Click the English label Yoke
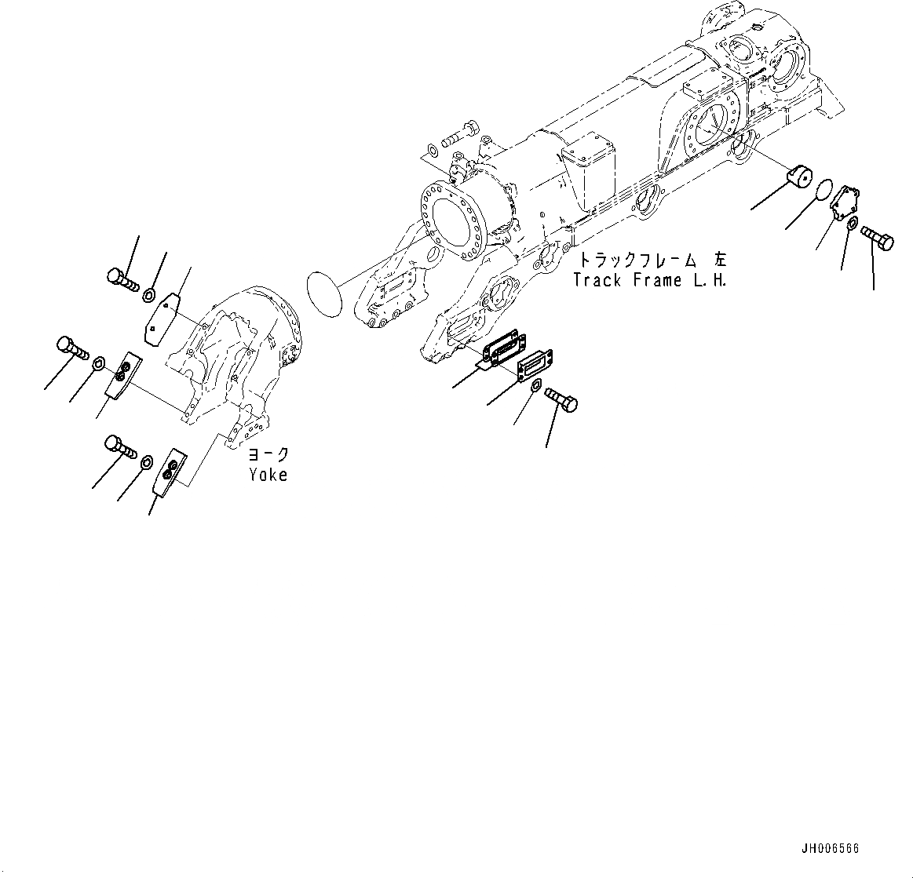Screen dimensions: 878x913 tap(268, 475)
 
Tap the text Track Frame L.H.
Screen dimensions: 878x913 tap(649, 280)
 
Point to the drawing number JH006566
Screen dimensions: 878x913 tap(830, 849)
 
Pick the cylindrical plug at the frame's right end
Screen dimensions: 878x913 tap(800, 177)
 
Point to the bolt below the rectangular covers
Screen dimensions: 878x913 tap(561, 398)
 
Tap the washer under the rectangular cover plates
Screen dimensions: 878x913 tap(534, 387)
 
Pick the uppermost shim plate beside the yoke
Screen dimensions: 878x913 tap(163, 316)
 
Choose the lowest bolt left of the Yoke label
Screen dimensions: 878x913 tap(120, 447)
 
